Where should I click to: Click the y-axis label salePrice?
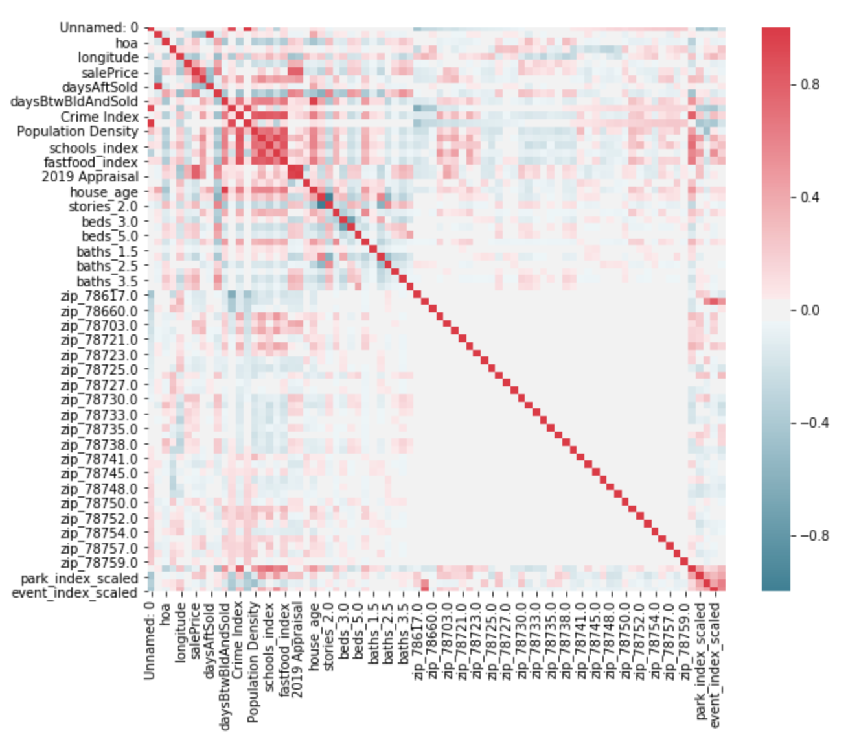tap(109, 73)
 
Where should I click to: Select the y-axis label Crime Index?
tap(100, 117)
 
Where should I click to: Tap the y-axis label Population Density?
tap(78, 132)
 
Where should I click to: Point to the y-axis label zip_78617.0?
tap(99, 296)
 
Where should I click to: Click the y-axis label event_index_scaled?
tap(74, 593)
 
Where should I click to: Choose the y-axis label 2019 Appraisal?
tap(90, 177)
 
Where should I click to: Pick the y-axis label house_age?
tap(104, 192)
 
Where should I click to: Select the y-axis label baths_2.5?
tap(107, 266)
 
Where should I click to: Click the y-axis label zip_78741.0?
tap(99, 459)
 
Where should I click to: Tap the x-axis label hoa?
tap(166, 615)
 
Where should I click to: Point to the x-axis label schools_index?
tap(269, 641)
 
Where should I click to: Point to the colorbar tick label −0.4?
tap(810, 423)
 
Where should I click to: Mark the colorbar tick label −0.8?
tap(810, 535)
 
